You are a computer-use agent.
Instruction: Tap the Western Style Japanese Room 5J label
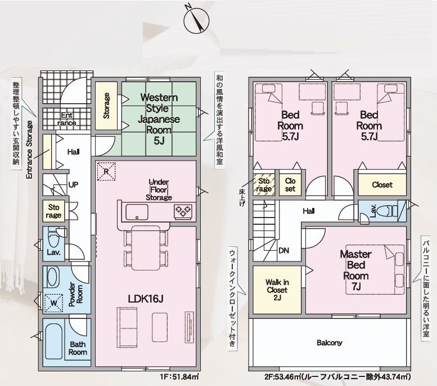[x=159, y=119]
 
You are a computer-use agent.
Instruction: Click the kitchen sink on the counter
[x=137, y=212]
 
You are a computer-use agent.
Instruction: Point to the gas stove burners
[x=183, y=212]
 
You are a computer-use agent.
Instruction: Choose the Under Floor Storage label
[x=159, y=189]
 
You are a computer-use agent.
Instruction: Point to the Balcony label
[x=329, y=343]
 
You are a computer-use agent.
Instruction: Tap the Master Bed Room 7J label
[x=355, y=271]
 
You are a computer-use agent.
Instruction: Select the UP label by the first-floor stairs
[x=73, y=184]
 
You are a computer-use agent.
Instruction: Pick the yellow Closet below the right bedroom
[x=382, y=184]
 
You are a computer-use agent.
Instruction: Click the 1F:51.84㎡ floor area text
[x=178, y=376]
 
